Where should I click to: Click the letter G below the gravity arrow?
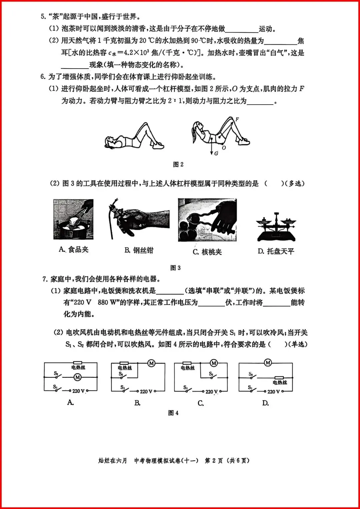click(x=216, y=153)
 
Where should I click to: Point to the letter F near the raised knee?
click(x=237, y=119)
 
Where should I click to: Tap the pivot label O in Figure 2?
click(x=224, y=148)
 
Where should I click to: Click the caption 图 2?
click(x=178, y=164)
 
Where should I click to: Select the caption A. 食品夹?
click(x=74, y=250)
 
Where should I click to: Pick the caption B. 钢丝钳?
click(x=139, y=250)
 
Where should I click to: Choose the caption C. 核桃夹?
click(x=207, y=252)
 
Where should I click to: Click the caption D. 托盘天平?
click(x=276, y=251)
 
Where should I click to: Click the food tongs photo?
click(x=73, y=219)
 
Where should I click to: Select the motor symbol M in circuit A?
click(x=78, y=377)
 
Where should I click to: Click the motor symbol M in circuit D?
click(x=268, y=362)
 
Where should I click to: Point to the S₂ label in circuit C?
click(x=211, y=374)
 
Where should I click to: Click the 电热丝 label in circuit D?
click(x=280, y=382)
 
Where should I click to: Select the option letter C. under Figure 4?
click(x=201, y=403)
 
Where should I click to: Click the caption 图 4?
click(x=173, y=413)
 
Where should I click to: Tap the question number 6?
click(x=43, y=77)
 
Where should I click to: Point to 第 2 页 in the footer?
click(x=214, y=461)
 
